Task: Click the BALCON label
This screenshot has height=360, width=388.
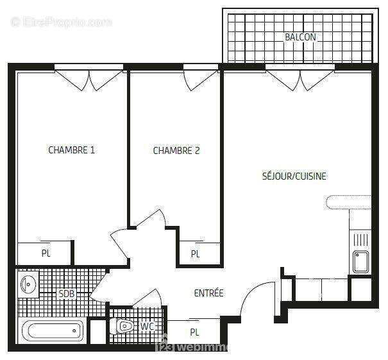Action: tap(300, 37)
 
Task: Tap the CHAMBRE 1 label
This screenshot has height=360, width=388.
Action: tap(72, 150)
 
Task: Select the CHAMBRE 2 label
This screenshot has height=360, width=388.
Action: tap(176, 151)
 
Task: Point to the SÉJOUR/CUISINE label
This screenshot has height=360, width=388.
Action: tap(294, 176)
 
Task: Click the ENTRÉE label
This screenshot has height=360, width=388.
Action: tap(208, 293)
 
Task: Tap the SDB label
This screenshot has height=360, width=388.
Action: tap(66, 294)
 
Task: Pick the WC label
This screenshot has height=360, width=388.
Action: tap(148, 327)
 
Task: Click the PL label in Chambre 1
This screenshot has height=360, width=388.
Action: tap(46, 253)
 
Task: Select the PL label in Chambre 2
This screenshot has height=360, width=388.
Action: tap(196, 254)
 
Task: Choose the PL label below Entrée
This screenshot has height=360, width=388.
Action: tap(194, 332)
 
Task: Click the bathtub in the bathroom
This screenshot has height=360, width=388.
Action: tap(53, 332)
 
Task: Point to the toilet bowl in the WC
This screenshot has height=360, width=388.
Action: tap(123, 327)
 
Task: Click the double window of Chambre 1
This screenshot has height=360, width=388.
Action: tap(89, 78)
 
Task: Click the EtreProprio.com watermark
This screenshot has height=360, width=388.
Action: tap(61, 22)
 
